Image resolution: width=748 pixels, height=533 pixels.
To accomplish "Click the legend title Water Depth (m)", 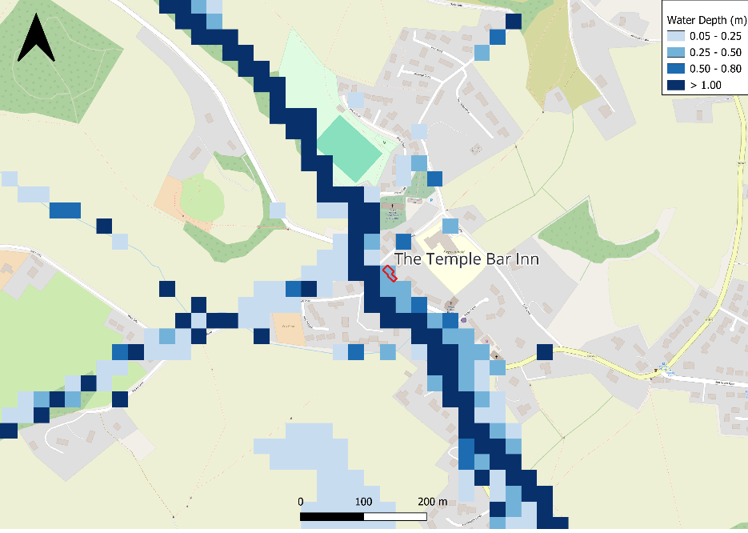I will pos(703,20).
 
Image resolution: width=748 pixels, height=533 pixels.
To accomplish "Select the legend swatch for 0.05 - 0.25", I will pos(676,36).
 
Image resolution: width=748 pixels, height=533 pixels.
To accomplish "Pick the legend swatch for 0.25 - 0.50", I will pos(676,52).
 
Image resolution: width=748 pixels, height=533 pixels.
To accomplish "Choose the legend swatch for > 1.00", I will pos(676,84).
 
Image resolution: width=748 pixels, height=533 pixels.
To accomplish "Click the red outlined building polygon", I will pos(390,273).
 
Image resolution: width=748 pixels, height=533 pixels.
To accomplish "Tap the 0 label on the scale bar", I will pos(301,502).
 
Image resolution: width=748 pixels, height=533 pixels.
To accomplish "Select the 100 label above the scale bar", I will pos(364,502).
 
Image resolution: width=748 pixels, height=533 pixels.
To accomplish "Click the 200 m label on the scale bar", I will pos(433,502).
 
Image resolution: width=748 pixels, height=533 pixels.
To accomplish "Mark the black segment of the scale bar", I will pos(332,517).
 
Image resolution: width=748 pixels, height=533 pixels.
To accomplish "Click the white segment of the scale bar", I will pos(394,517).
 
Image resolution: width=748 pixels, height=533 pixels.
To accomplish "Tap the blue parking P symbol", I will pos(431,200).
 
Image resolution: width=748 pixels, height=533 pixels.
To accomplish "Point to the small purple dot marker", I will pos(462,320).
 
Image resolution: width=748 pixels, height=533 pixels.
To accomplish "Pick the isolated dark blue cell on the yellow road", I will pos(545,352).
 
